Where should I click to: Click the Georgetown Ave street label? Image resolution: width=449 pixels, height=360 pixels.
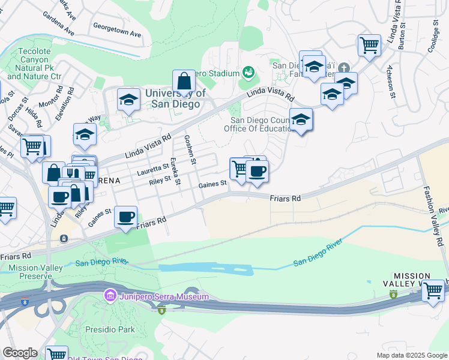(117, 31)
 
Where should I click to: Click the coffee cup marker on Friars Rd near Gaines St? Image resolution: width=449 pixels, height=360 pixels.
(125, 217)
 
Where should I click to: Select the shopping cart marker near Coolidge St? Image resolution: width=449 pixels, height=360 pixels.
(369, 45)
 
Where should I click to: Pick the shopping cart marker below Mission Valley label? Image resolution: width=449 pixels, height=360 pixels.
(432, 291)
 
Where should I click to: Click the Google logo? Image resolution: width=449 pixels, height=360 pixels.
(20, 353)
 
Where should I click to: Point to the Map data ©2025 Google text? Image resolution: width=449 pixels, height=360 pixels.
(411, 355)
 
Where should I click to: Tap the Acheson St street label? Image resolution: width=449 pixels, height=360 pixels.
(391, 80)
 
